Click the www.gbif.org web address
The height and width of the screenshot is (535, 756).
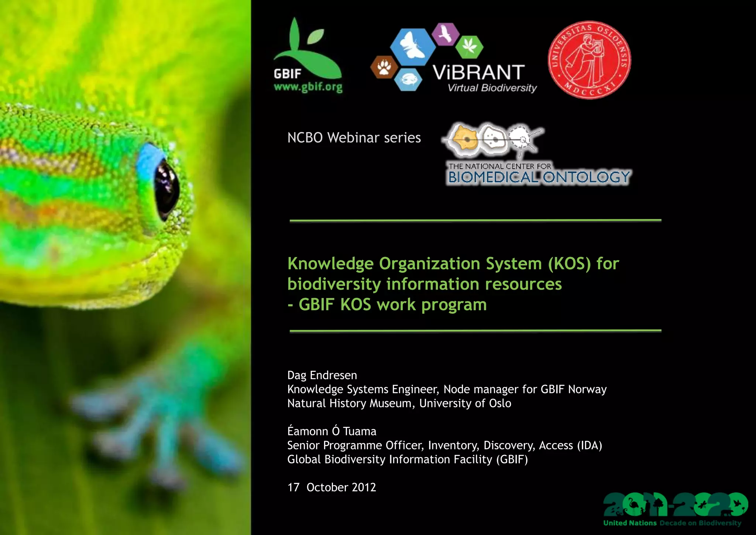click(308, 87)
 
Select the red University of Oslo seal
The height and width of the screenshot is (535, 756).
click(589, 60)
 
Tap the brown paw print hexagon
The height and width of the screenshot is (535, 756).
click(384, 67)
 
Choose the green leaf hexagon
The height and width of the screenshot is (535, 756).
click(469, 47)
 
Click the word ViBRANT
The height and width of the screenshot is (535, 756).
click(479, 72)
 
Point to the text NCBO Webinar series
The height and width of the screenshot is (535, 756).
click(354, 138)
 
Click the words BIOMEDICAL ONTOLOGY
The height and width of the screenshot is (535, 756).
click(539, 178)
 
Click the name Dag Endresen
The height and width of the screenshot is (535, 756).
click(322, 375)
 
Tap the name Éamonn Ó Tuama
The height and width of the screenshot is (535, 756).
click(331, 431)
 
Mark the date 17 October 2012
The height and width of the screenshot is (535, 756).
click(331, 487)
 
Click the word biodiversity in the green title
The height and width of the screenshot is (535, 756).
click(334, 284)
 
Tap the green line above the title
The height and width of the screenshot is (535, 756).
click(475, 220)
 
